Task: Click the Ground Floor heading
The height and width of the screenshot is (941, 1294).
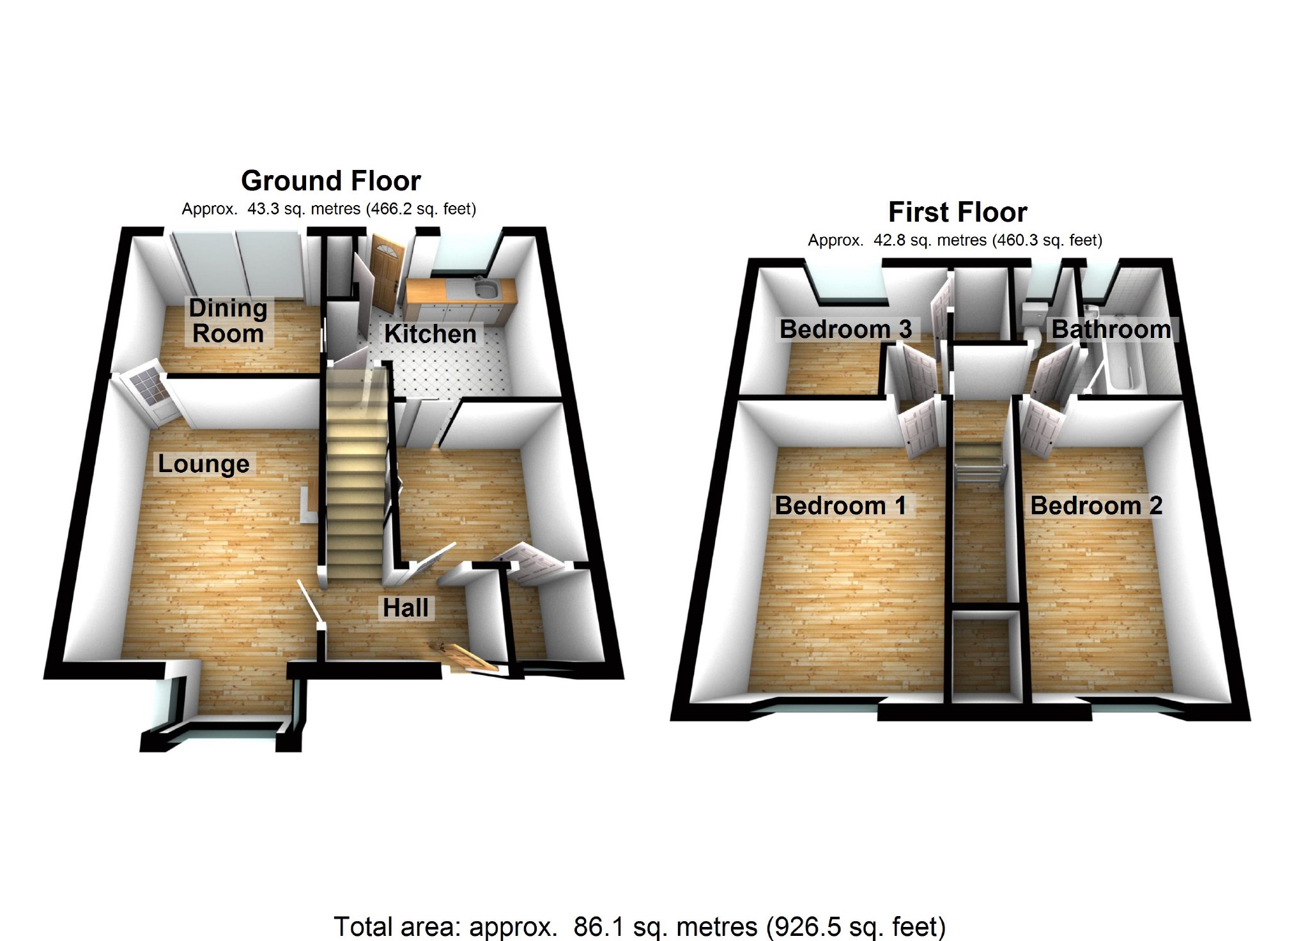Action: pyautogui.click(x=330, y=181)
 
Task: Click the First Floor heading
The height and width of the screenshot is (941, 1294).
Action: pyautogui.click(x=957, y=213)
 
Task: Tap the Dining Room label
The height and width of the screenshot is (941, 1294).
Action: pyautogui.click(x=228, y=321)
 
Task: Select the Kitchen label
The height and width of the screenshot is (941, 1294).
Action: pyautogui.click(x=430, y=334)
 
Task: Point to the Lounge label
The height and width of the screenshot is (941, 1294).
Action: pyautogui.click(x=203, y=464)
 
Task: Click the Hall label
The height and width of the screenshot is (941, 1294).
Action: pyautogui.click(x=406, y=608)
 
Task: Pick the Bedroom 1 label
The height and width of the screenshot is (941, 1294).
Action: pyautogui.click(x=840, y=505)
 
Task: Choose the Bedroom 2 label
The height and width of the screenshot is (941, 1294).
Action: pyautogui.click(x=1096, y=505)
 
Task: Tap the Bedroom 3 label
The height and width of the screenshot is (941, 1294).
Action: pyautogui.click(x=845, y=329)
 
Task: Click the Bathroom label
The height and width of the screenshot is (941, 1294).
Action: pyautogui.click(x=1111, y=329)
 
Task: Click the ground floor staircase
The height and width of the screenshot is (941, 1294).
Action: pyautogui.click(x=355, y=473)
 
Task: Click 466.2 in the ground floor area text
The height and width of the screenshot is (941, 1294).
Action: pyautogui.click(x=389, y=209)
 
